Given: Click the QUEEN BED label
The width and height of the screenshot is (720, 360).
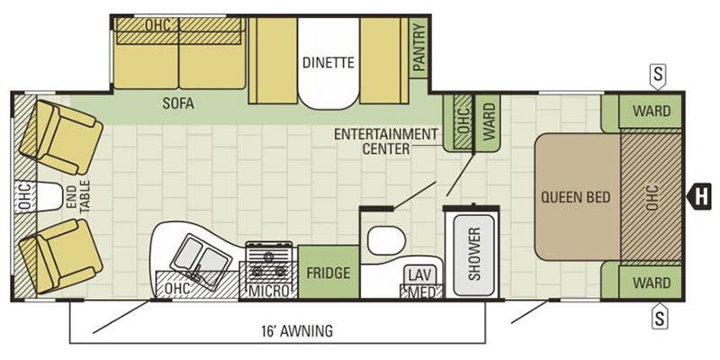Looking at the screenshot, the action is click(576, 197).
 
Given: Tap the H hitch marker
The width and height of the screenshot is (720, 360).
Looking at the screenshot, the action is click(699, 196).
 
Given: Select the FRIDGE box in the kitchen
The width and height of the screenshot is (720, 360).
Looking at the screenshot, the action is click(328, 273).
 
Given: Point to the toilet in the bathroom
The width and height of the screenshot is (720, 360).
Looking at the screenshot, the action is click(386, 240).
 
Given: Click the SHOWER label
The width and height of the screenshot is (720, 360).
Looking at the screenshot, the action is click(474, 254).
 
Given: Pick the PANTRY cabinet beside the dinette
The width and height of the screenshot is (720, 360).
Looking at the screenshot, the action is click(418, 48).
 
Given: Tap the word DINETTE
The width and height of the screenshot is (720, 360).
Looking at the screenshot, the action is click(328, 62).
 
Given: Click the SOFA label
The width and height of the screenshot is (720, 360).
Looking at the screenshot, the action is click(178, 103).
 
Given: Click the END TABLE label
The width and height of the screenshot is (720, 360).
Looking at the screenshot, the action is click(79, 197).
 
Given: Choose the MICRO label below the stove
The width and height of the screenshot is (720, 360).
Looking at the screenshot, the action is click(269, 291).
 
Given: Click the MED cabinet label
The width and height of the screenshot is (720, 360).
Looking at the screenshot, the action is click(421, 292).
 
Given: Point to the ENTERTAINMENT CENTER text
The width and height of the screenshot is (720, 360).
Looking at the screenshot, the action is click(386, 141).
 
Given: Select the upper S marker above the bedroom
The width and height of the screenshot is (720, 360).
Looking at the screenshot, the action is click(658, 76).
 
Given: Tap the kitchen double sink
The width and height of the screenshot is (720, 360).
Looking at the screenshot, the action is click(201, 262).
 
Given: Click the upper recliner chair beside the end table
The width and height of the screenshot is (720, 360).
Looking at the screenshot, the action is click(60, 137).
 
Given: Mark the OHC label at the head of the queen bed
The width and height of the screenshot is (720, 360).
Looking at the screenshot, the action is click(652, 197).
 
